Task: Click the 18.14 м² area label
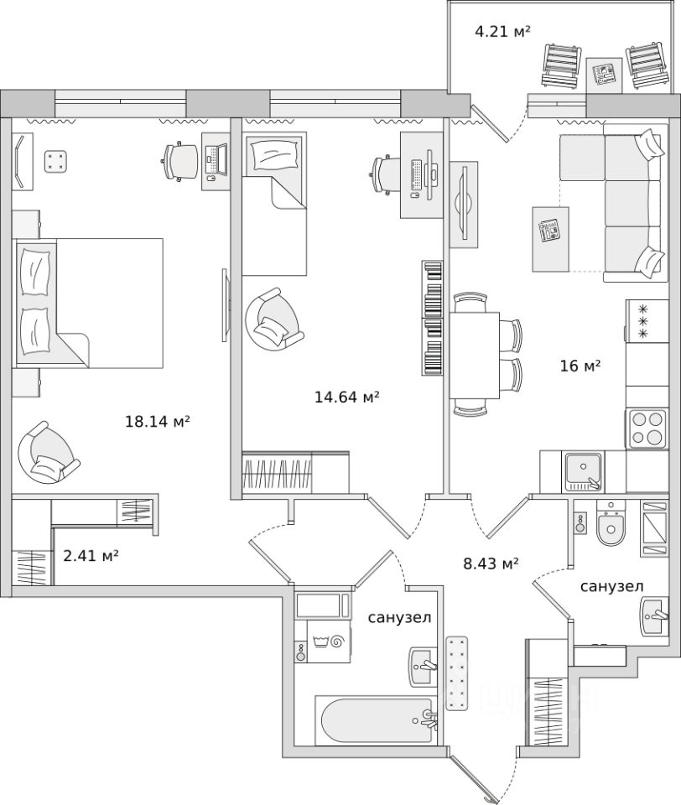click(157, 422)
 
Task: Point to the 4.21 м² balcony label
click(503, 33)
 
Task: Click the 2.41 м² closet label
click(91, 554)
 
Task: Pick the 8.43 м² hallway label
click(491, 563)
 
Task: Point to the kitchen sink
click(581, 471)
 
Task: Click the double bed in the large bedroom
click(88, 302)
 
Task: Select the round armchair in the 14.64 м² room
click(273, 318)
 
